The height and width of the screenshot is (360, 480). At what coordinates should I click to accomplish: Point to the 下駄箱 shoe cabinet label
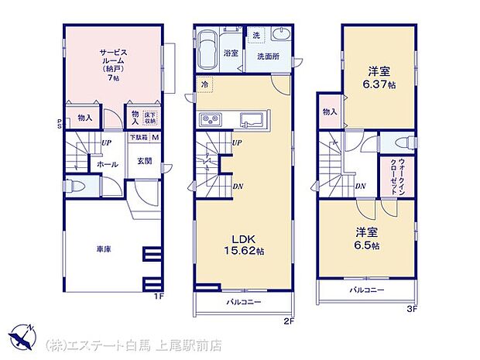click(139, 138)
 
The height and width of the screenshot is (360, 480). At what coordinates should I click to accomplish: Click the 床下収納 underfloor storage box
click(150, 118)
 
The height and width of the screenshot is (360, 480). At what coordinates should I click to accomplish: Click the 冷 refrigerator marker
click(205, 84)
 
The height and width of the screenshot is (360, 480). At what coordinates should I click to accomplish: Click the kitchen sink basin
click(252, 119)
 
